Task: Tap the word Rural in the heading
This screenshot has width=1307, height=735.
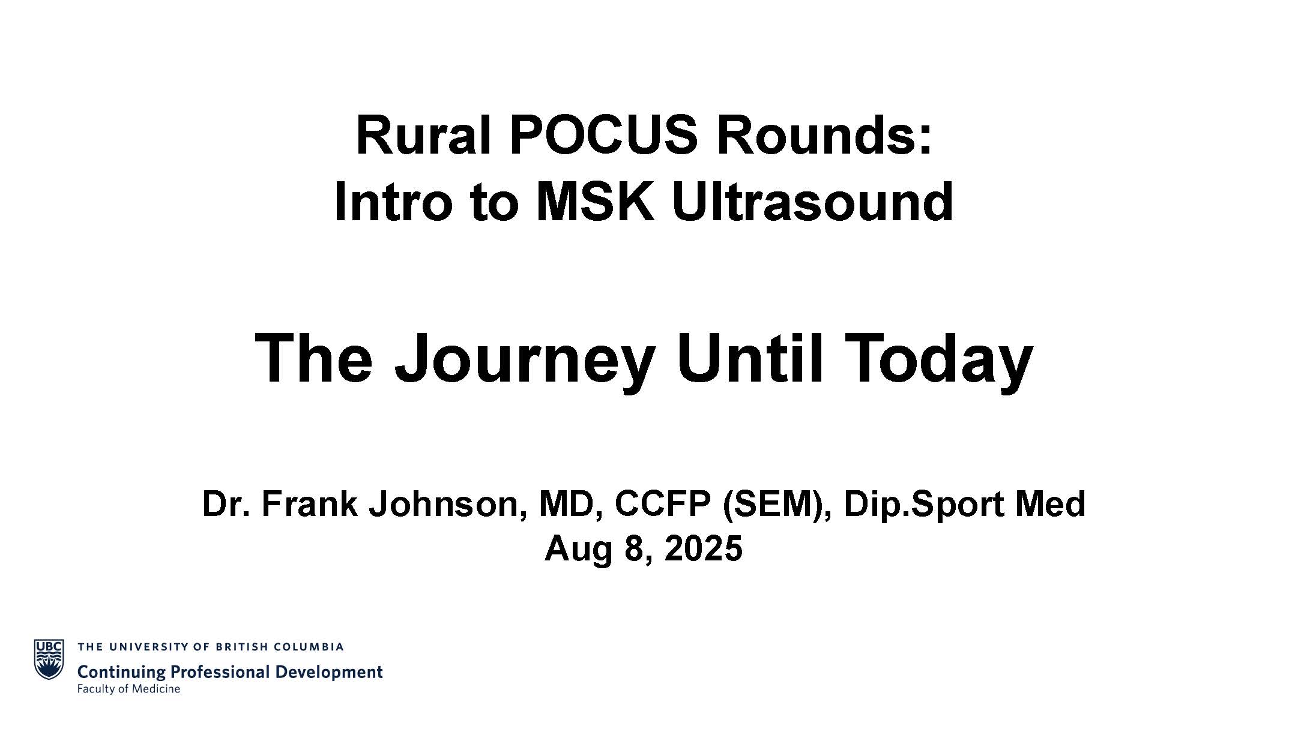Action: [x=424, y=136]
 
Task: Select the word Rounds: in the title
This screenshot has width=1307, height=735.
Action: [x=824, y=136]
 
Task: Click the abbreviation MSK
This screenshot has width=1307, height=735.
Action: [x=594, y=202]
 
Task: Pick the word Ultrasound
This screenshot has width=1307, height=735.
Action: [x=812, y=202]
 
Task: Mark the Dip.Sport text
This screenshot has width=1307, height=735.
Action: [x=925, y=505]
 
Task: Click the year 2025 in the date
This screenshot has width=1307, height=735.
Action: [x=704, y=548]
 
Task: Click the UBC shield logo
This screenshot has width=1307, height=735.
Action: [x=49, y=659]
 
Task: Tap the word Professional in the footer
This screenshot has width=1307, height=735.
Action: [x=217, y=671]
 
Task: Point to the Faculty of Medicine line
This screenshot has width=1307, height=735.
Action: [x=128, y=689]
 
